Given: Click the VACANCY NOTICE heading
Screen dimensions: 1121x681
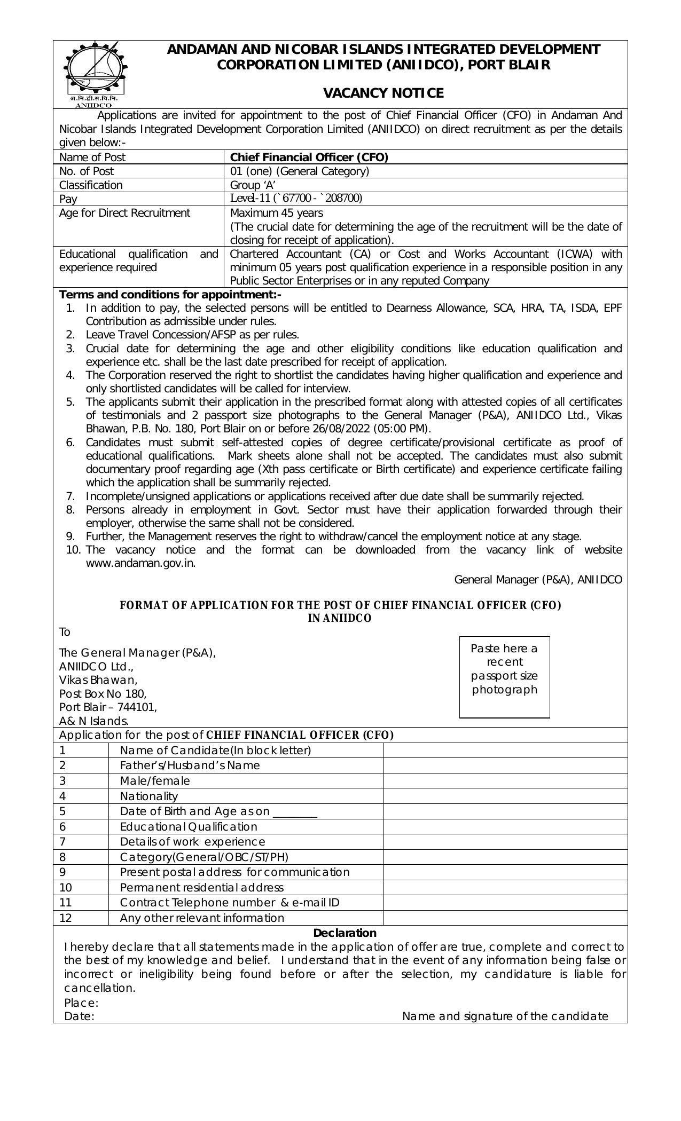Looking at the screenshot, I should tap(383, 93).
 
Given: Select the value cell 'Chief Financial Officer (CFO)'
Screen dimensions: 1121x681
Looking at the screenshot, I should tap(309, 157).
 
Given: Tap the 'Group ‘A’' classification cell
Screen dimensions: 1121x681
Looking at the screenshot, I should tap(253, 185).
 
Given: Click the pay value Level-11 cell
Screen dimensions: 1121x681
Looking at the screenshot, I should tap(296, 199).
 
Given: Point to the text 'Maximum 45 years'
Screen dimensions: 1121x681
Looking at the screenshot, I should tap(269, 213).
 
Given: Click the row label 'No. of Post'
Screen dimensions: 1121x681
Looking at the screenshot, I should tap(87, 171).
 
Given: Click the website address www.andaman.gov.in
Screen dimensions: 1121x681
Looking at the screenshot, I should tap(140, 563).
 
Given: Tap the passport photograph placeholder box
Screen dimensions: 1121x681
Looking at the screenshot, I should tap(504, 676).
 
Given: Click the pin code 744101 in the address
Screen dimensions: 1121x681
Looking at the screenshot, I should tap(138, 707).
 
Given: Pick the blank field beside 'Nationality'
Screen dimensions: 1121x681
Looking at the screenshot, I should tap(505, 796).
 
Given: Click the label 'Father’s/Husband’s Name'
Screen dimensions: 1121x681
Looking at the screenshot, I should tap(190, 765).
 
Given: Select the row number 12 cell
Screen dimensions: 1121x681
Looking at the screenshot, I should tap(66, 918).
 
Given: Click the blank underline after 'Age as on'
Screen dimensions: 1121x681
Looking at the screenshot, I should tap(295, 812).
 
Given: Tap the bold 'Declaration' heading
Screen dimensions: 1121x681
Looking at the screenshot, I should tap(345, 933).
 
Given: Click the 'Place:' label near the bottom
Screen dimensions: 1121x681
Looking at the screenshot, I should tap(81, 1002).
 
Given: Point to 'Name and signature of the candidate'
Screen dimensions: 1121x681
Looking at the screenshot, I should tap(505, 1016).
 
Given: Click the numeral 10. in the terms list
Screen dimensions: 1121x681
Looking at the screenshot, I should tap(74, 550).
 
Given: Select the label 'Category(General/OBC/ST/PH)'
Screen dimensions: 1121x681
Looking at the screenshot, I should tap(204, 857).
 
